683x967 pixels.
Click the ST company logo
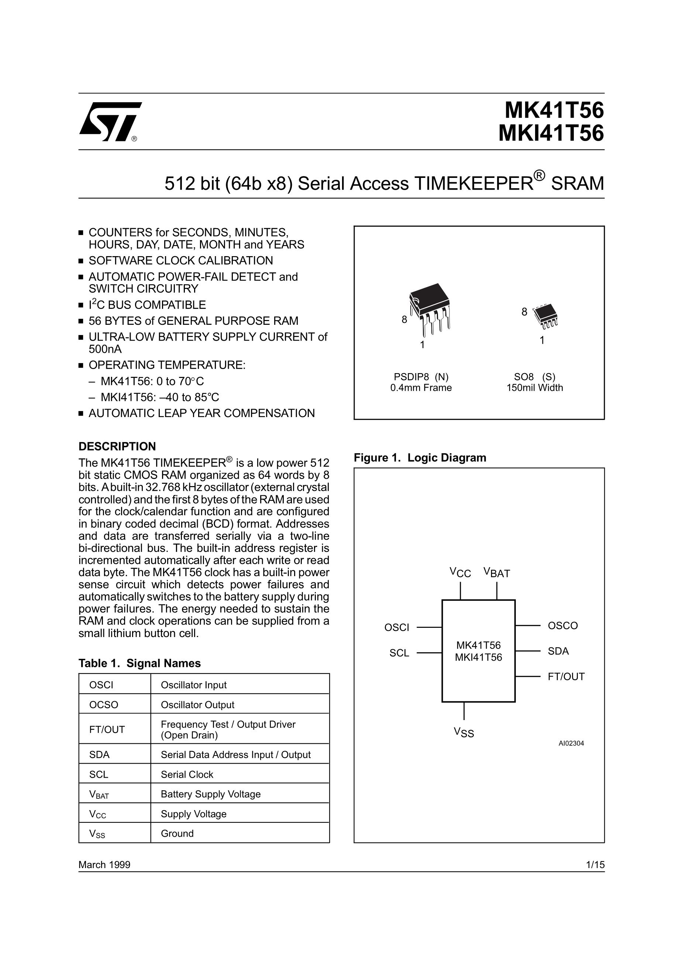[110, 122]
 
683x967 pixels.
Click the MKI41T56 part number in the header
[551, 134]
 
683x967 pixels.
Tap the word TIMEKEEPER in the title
[474, 184]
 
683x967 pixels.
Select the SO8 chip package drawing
[545, 316]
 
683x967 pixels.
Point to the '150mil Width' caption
[534, 388]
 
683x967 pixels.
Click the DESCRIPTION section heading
[117, 447]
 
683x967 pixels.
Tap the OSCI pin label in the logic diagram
[397, 627]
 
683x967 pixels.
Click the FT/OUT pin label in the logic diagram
[566, 677]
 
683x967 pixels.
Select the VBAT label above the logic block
[497, 573]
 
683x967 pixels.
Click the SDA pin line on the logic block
[528, 651]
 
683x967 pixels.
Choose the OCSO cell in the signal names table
[104, 705]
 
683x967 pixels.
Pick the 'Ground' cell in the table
[177, 833]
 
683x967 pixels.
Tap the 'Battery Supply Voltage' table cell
[211, 794]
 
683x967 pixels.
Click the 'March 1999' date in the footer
[104, 865]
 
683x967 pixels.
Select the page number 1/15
[595, 865]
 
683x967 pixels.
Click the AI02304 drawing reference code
[571, 743]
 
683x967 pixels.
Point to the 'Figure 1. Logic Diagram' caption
[420, 458]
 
